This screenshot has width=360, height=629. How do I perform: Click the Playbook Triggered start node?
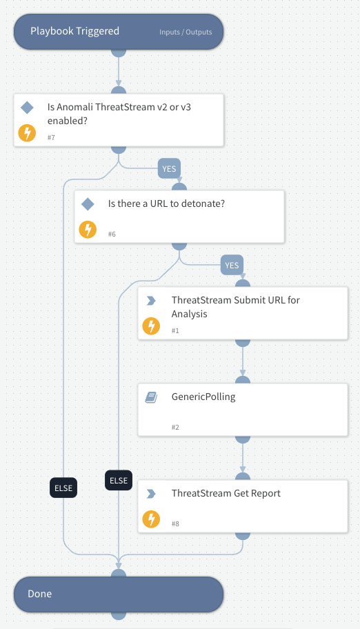pyautogui.click(x=75, y=31)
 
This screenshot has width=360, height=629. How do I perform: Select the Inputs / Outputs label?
pyautogui.click(x=185, y=32)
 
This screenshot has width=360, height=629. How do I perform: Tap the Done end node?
pyautogui.click(x=119, y=594)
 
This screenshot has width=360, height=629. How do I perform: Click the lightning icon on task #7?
pyautogui.click(x=27, y=133)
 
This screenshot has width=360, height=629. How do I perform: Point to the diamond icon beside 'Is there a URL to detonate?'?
pyautogui.click(x=88, y=204)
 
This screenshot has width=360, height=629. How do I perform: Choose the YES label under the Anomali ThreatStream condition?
pyautogui.click(x=168, y=168)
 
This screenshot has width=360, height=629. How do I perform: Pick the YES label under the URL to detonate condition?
pyautogui.click(x=232, y=264)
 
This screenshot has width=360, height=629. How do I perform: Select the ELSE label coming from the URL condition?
pyautogui.click(x=119, y=480)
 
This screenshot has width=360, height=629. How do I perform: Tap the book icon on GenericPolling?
pyautogui.click(x=151, y=397)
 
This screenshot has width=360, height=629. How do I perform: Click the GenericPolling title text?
pyautogui.click(x=203, y=397)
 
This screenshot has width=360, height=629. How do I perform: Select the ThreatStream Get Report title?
pyautogui.click(x=226, y=493)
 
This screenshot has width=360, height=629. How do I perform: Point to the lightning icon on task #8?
pyautogui.click(x=151, y=519)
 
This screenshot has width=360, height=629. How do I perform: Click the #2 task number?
pyautogui.click(x=176, y=428)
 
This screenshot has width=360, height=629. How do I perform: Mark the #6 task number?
pyautogui.click(x=112, y=234)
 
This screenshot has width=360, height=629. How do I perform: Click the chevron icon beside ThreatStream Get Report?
pyautogui.click(x=151, y=494)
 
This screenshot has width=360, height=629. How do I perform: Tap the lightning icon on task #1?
pyautogui.click(x=151, y=326)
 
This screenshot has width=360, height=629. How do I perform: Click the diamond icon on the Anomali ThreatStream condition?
pyautogui.click(x=27, y=108)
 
